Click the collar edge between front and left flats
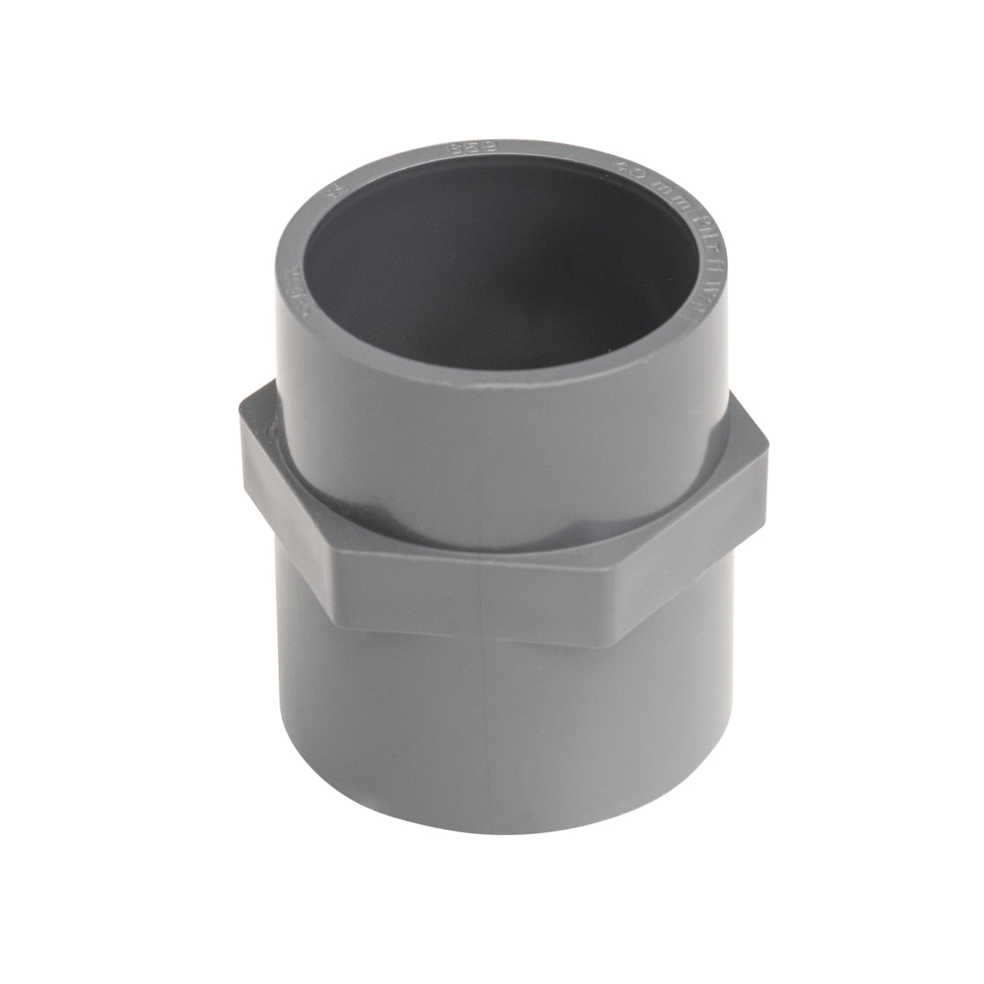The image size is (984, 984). pos(328,574)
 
